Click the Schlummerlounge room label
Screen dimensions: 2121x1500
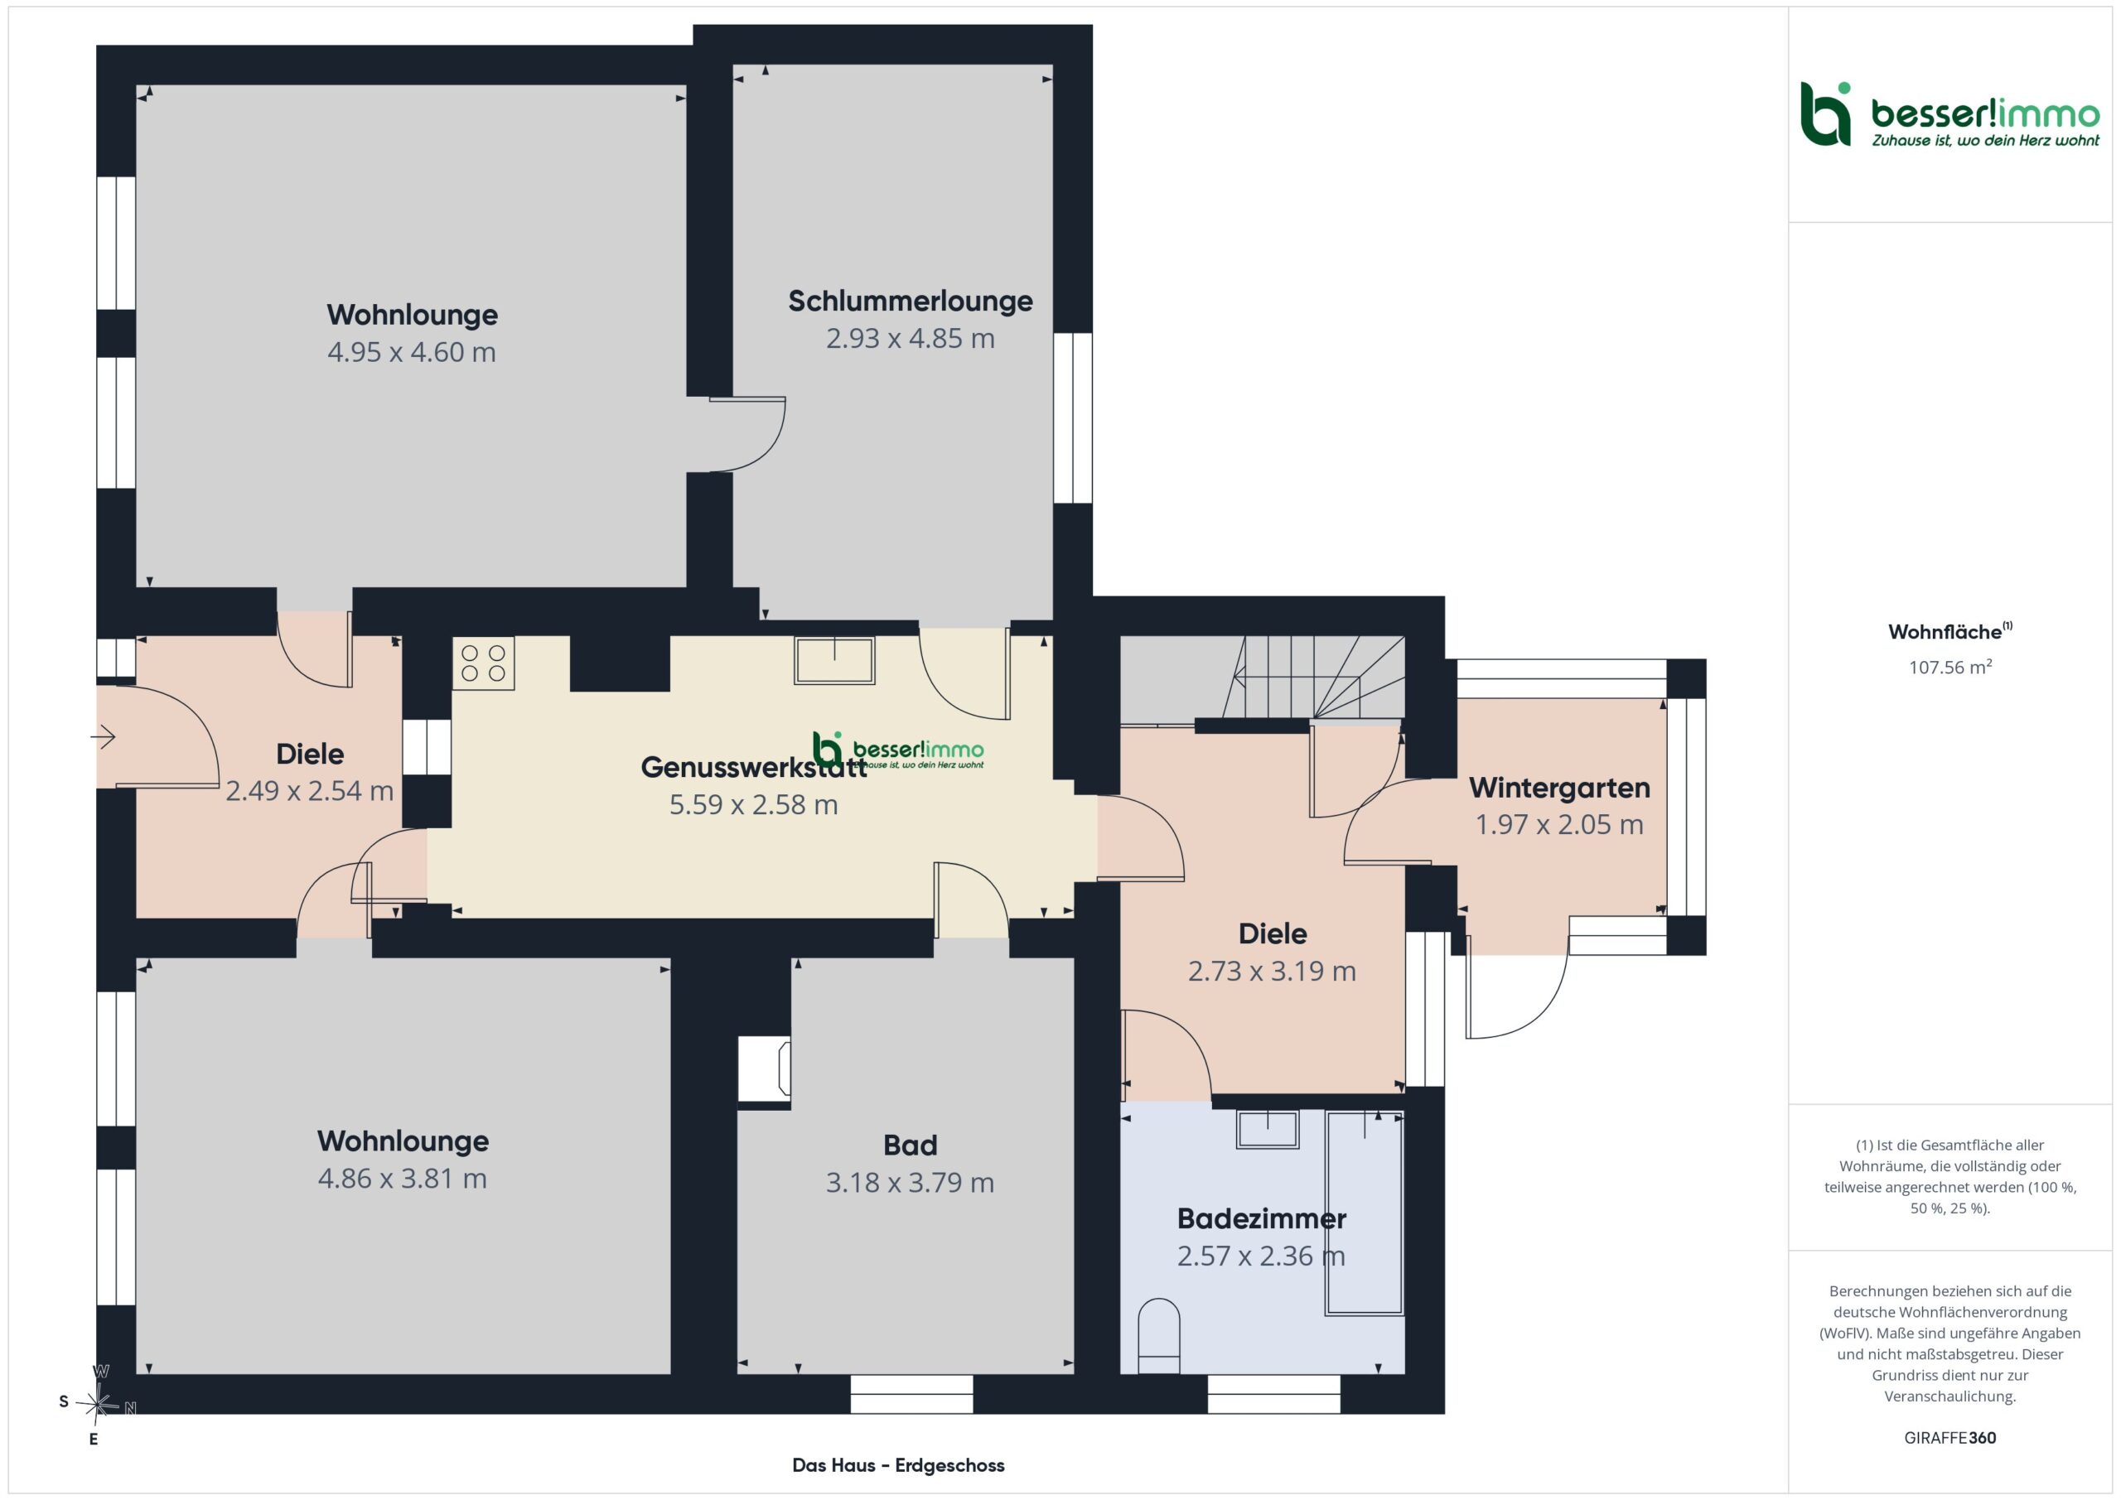point(910,301)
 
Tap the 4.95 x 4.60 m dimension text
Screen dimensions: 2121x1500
point(412,352)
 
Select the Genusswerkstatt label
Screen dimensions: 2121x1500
point(754,767)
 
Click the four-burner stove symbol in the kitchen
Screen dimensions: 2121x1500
point(483,663)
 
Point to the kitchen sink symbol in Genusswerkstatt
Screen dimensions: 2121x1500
point(834,660)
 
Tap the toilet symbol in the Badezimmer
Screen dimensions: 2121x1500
point(1159,1336)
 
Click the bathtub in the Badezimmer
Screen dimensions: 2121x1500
point(1365,1212)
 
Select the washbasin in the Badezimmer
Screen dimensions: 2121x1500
point(1268,1129)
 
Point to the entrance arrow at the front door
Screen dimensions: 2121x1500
point(103,736)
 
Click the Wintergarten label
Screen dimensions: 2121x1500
point(1559,788)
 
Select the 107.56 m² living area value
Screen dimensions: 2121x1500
point(1950,667)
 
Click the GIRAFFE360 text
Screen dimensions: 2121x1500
point(1950,1438)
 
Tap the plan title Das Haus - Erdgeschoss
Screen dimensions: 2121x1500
point(898,1465)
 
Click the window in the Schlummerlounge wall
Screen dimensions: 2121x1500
point(1072,417)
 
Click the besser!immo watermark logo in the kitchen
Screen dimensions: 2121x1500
point(898,750)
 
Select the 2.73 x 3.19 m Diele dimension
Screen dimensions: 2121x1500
point(1272,971)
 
